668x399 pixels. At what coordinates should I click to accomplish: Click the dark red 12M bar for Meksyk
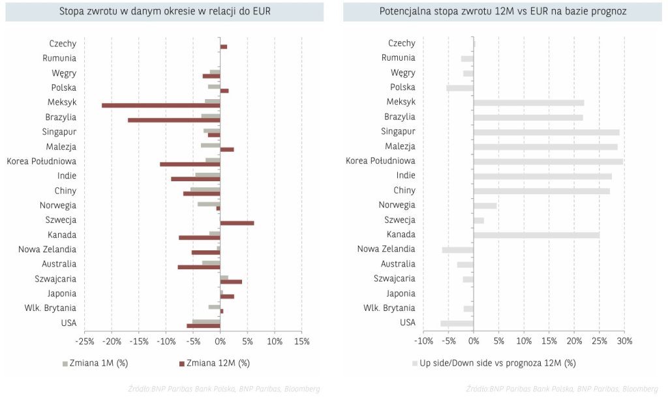[161, 105]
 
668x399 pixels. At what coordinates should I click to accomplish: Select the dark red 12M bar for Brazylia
[174, 120]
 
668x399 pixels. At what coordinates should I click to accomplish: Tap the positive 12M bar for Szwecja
[237, 223]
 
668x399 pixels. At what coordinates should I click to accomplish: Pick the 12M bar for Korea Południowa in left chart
[190, 164]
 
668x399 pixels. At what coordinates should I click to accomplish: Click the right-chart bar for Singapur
[546, 132]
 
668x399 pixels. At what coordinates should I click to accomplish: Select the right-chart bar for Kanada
[536, 235]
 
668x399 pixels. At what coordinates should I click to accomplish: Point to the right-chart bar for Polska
[460, 87]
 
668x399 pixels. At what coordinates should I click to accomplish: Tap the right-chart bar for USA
[457, 323]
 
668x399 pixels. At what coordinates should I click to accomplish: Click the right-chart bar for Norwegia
[485, 205]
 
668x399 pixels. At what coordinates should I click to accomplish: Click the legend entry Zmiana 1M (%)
[94, 362]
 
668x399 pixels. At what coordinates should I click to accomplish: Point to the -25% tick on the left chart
[83, 341]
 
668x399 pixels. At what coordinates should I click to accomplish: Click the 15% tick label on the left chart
[301, 341]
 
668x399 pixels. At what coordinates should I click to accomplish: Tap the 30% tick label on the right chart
[624, 341]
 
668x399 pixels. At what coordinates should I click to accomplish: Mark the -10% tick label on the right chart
[423, 341]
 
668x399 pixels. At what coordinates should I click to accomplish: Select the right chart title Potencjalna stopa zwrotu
[502, 12]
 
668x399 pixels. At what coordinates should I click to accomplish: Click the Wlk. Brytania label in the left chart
[50, 308]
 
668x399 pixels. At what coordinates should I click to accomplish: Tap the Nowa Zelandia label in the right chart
[386, 249]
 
